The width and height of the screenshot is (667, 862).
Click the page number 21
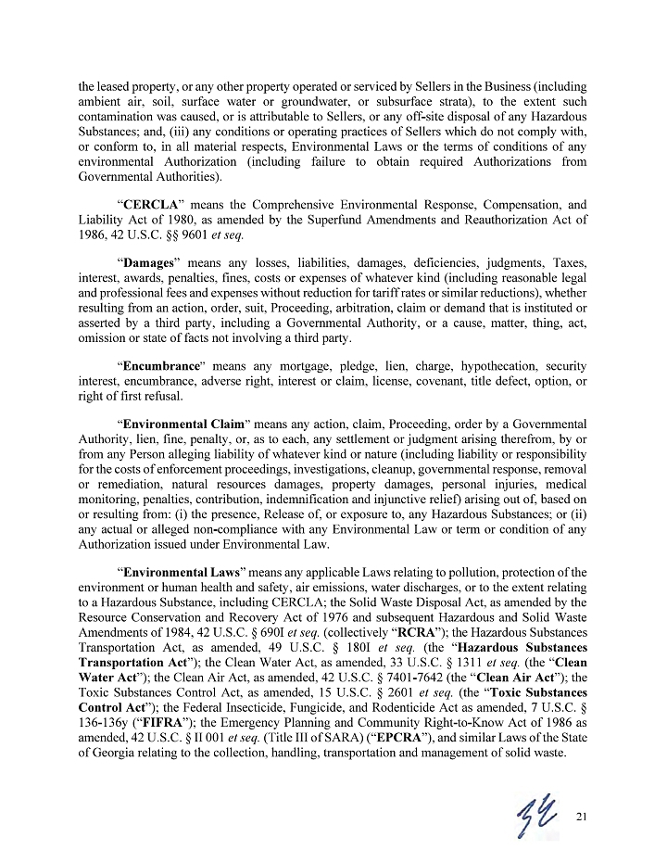[x=581, y=816]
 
